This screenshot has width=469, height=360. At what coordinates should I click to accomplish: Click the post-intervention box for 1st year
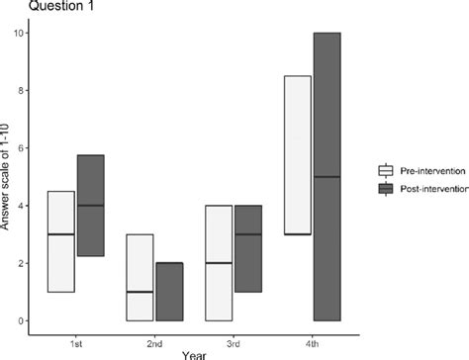click(90, 205)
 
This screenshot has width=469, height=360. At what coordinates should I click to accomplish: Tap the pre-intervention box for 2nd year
click(141, 277)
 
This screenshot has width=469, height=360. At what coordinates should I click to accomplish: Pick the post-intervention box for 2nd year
click(169, 292)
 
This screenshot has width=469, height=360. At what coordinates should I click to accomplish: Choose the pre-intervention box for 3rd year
click(219, 263)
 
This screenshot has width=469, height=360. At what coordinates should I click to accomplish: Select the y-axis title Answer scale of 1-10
click(8, 178)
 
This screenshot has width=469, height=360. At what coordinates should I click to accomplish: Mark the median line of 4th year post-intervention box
click(327, 177)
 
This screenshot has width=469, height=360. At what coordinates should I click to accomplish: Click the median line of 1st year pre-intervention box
click(60, 234)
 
